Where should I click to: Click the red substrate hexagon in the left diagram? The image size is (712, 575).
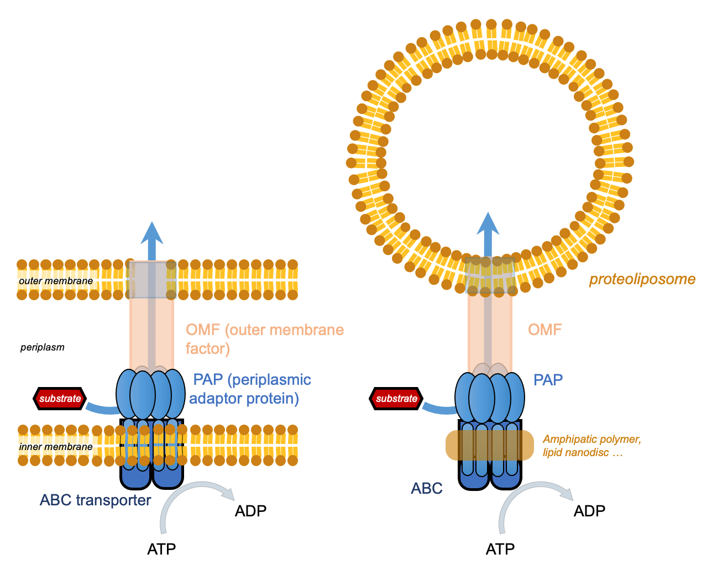pos(60,399)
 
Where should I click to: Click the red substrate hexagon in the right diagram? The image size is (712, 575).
pos(396,399)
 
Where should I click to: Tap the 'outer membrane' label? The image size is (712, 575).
pos(56,281)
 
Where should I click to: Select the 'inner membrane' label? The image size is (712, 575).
pos(56,447)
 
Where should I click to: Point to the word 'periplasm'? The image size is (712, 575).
pos(43,347)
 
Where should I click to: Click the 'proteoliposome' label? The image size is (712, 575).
pos(642,279)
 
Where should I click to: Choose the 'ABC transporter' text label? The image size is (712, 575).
pos(95,500)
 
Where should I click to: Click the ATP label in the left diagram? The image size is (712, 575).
pos(161,549)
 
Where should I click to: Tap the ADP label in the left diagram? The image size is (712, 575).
pos(250,511)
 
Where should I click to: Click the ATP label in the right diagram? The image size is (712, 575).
pos(500,549)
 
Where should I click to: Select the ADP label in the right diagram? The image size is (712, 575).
pos(589,511)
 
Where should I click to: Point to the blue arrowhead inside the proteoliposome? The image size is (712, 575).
pos(488,224)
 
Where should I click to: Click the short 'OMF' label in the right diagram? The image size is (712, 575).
pos(545,330)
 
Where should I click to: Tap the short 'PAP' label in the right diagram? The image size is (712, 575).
pos(548,380)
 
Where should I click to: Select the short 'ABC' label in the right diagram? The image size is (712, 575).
pos(427,488)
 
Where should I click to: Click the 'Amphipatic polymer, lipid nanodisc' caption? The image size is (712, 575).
pos(591,446)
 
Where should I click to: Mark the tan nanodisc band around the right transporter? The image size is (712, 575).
pos(490,445)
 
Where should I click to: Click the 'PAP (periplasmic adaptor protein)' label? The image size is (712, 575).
pos(250,389)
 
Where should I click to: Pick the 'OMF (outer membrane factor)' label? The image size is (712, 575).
pos(264,339)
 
